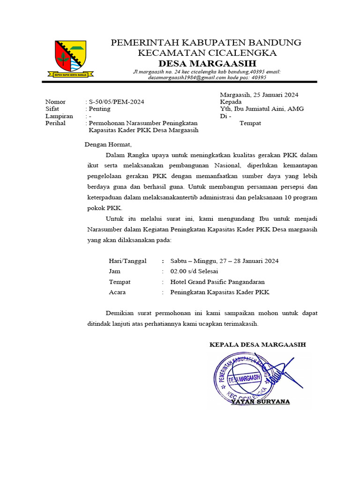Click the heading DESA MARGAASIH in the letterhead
click(206, 63)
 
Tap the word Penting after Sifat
click(100, 109)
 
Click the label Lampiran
click(59, 116)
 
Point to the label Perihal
click(55, 123)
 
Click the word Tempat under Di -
click(250, 123)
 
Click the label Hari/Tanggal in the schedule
click(127, 261)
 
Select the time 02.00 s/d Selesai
click(194, 271)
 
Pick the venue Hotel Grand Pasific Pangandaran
click(217, 282)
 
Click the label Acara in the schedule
click(117, 292)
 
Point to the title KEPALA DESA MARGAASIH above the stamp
click(257, 345)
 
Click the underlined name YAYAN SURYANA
click(261, 402)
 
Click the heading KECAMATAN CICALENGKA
click(206, 53)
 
